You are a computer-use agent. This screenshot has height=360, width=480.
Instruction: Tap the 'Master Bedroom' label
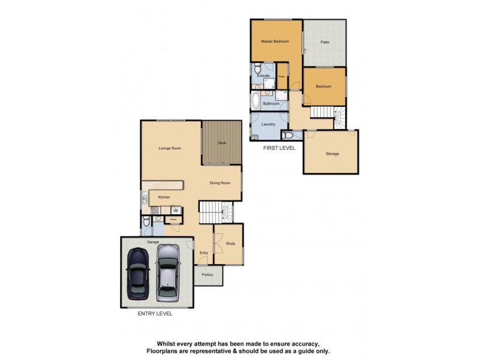pos(275,41)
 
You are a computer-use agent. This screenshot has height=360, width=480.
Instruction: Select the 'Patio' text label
pos(325,42)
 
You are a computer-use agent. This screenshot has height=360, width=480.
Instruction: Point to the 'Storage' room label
pos(332,154)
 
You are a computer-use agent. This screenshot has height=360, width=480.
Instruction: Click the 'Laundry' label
pos(268,124)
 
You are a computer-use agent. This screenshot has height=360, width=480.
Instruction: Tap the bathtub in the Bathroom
pos(256,99)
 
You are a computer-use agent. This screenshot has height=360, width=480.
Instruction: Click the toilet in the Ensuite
pos(257,67)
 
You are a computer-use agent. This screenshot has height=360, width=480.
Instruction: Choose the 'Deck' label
pos(221,143)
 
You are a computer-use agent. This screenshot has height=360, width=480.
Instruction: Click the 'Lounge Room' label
pos(170,148)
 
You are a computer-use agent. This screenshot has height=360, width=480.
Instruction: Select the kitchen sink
pos(145,199)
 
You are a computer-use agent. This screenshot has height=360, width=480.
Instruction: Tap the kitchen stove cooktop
pos(154,210)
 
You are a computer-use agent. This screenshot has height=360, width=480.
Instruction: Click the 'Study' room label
pos(230,243)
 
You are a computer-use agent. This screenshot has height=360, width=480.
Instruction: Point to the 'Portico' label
pos(208,274)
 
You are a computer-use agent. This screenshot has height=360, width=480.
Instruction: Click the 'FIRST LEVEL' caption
pos(279,147)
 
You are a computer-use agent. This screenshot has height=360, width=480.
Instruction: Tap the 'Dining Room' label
pos(220,183)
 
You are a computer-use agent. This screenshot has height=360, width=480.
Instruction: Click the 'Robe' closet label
pos(281,76)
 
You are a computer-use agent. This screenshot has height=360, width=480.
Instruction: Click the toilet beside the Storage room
pos(288,136)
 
